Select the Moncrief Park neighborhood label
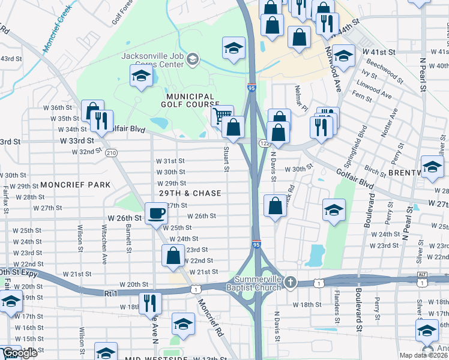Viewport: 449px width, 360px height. coord(76,185)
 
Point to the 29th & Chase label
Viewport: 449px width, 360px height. coord(190,193)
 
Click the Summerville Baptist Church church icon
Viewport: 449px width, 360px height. coord(291,282)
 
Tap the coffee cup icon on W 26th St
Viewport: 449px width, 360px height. coord(157,214)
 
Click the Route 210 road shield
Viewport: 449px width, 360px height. coord(111,153)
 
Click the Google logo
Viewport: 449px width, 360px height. coord(20,353)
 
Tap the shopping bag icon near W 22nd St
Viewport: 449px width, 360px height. coord(173,256)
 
